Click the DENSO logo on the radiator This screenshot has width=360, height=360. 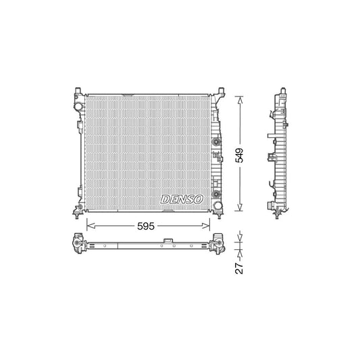(x=180, y=199)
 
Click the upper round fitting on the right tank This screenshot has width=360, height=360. (x=217, y=143)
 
